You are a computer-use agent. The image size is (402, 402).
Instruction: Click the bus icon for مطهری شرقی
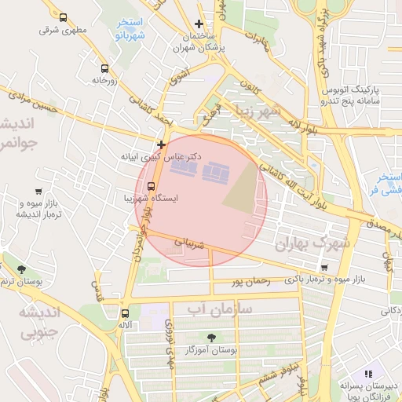(x=63, y=17)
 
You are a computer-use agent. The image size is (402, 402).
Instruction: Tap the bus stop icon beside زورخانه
(x=104, y=68)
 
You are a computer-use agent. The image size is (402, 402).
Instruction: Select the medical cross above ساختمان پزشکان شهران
(x=199, y=24)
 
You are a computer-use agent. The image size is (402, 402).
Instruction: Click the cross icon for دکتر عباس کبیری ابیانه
(x=161, y=144)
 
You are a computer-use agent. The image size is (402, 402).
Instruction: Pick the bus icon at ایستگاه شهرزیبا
(x=151, y=186)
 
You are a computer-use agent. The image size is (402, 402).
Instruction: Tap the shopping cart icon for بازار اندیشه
(x=38, y=191)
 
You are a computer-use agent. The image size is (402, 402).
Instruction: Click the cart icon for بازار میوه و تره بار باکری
(x=324, y=268)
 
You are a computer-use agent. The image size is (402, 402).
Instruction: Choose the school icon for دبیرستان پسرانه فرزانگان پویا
(x=367, y=373)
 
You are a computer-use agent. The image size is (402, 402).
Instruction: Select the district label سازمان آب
(x=220, y=309)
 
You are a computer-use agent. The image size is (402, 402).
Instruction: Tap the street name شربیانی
(x=188, y=244)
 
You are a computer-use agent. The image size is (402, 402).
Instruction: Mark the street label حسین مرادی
(x=31, y=101)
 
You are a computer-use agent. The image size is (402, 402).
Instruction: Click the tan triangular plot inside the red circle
(x=243, y=192)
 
